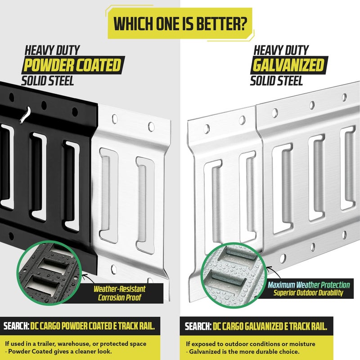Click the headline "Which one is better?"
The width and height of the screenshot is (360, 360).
pos(180,23)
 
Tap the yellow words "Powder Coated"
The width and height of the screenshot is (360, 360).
pos(72,65)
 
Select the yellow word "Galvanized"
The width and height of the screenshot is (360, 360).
pos(288,65)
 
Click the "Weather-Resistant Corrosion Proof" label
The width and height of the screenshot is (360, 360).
pos(119,293)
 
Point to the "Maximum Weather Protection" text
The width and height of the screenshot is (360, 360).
pos(309,285)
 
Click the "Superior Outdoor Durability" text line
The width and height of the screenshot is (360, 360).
pos(308,293)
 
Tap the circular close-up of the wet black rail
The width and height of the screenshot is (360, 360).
pos(49,273)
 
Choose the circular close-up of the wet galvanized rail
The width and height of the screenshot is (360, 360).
pos(234,275)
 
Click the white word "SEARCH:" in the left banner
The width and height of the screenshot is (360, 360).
pos(16,326)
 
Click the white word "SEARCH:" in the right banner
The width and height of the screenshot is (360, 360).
pos(198,326)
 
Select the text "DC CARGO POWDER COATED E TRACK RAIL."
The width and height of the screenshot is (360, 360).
pos(93,326)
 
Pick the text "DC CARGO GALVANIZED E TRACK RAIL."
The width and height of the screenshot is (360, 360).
pos(270,326)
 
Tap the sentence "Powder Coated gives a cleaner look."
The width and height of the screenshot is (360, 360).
pos(58,351)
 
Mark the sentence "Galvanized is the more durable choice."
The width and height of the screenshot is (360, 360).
pos(243,351)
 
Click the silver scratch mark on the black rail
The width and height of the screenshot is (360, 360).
pos(25,115)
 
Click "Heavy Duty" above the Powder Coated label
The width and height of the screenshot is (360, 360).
pos(52,50)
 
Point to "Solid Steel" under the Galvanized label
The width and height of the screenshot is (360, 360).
pos(276,81)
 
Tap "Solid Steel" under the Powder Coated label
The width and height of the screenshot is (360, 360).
pos(48,81)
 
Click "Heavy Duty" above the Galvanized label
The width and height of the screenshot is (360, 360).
pos(281,50)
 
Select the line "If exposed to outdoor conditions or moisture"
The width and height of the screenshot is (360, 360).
pos(251,344)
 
